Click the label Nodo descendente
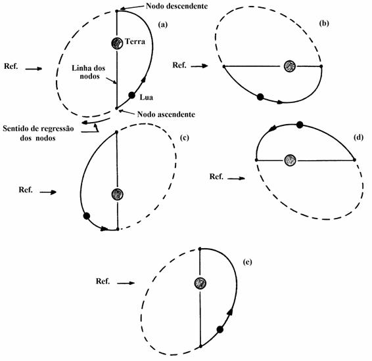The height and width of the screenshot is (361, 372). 177,6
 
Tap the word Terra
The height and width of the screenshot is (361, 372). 135,41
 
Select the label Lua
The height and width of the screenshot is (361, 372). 146,97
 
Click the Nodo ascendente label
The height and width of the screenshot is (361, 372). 166,114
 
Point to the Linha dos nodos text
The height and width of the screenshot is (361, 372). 89,72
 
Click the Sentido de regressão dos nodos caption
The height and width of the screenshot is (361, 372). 38,133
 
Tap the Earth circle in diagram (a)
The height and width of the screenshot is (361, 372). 117,43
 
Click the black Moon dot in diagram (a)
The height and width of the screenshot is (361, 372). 131,95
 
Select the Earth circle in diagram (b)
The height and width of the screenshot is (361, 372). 290,66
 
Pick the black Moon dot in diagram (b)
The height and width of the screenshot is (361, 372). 260,97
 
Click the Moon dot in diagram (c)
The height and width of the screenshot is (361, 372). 87,216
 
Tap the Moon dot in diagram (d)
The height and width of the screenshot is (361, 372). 300,125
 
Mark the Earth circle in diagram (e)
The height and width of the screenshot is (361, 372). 200,283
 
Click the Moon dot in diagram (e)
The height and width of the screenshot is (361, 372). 220,329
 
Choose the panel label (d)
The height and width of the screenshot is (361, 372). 358,137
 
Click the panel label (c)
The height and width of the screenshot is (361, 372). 184,138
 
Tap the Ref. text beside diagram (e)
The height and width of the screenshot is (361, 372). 103,281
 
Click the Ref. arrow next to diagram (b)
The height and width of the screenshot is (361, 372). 199,66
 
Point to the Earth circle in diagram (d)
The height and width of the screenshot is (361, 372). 290,160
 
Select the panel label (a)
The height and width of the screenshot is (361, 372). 163,24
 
